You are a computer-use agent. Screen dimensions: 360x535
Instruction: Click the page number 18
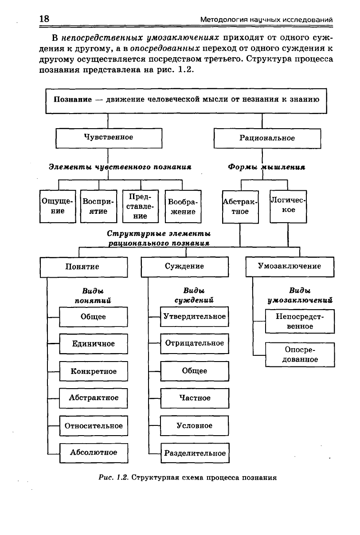point(44,19)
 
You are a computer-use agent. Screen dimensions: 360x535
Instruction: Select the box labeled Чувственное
point(109,138)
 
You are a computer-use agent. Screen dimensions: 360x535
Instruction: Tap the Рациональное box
point(267,138)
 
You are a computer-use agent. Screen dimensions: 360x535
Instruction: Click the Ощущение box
point(58,206)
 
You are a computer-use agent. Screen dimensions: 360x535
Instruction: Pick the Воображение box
point(183,206)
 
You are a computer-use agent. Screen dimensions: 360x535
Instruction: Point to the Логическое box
point(288,207)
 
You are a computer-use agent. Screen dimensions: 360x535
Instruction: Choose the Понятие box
point(84,267)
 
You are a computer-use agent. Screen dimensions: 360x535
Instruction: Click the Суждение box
point(185,267)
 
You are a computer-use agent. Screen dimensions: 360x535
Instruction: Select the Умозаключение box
point(290,267)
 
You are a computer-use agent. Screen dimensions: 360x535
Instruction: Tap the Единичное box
point(94,344)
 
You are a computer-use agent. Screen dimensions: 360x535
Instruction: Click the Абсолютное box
point(94,453)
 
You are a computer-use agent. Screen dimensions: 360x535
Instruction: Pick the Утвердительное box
point(195,317)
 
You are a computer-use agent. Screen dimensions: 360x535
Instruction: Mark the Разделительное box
point(195,453)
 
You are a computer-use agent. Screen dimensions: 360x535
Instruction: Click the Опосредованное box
point(300,355)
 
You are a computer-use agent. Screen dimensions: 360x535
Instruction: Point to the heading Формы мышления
point(266,167)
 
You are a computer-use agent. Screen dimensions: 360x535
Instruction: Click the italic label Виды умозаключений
point(300,295)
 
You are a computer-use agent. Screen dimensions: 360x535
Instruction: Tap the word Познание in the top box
point(73,99)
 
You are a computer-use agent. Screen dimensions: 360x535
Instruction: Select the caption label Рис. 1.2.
point(113,477)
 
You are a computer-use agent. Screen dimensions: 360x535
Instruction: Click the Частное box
point(195,398)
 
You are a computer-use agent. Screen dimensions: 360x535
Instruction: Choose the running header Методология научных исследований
point(266,20)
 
